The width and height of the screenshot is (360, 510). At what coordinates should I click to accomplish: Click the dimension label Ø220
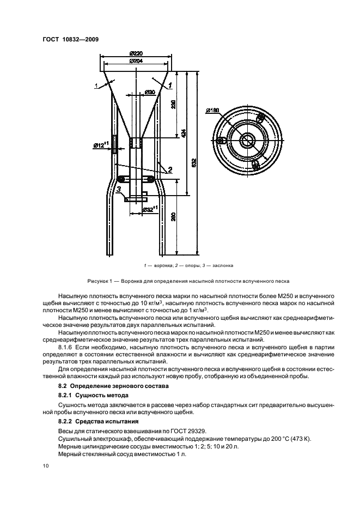point(137,53)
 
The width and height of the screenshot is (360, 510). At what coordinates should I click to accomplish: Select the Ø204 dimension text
point(137,61)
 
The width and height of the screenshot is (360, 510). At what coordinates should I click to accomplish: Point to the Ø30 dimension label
point(150,92)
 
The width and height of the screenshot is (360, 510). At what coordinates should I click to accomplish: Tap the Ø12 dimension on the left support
point(101,145)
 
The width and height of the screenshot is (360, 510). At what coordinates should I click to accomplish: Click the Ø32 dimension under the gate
point(149,209)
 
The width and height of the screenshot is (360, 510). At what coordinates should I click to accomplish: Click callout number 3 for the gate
point(118,189)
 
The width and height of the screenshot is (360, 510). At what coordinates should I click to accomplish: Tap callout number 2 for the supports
point(170,170)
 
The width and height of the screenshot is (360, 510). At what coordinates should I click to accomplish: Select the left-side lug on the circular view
point(221,141)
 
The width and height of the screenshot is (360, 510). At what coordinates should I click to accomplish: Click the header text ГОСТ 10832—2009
point(67,39)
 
